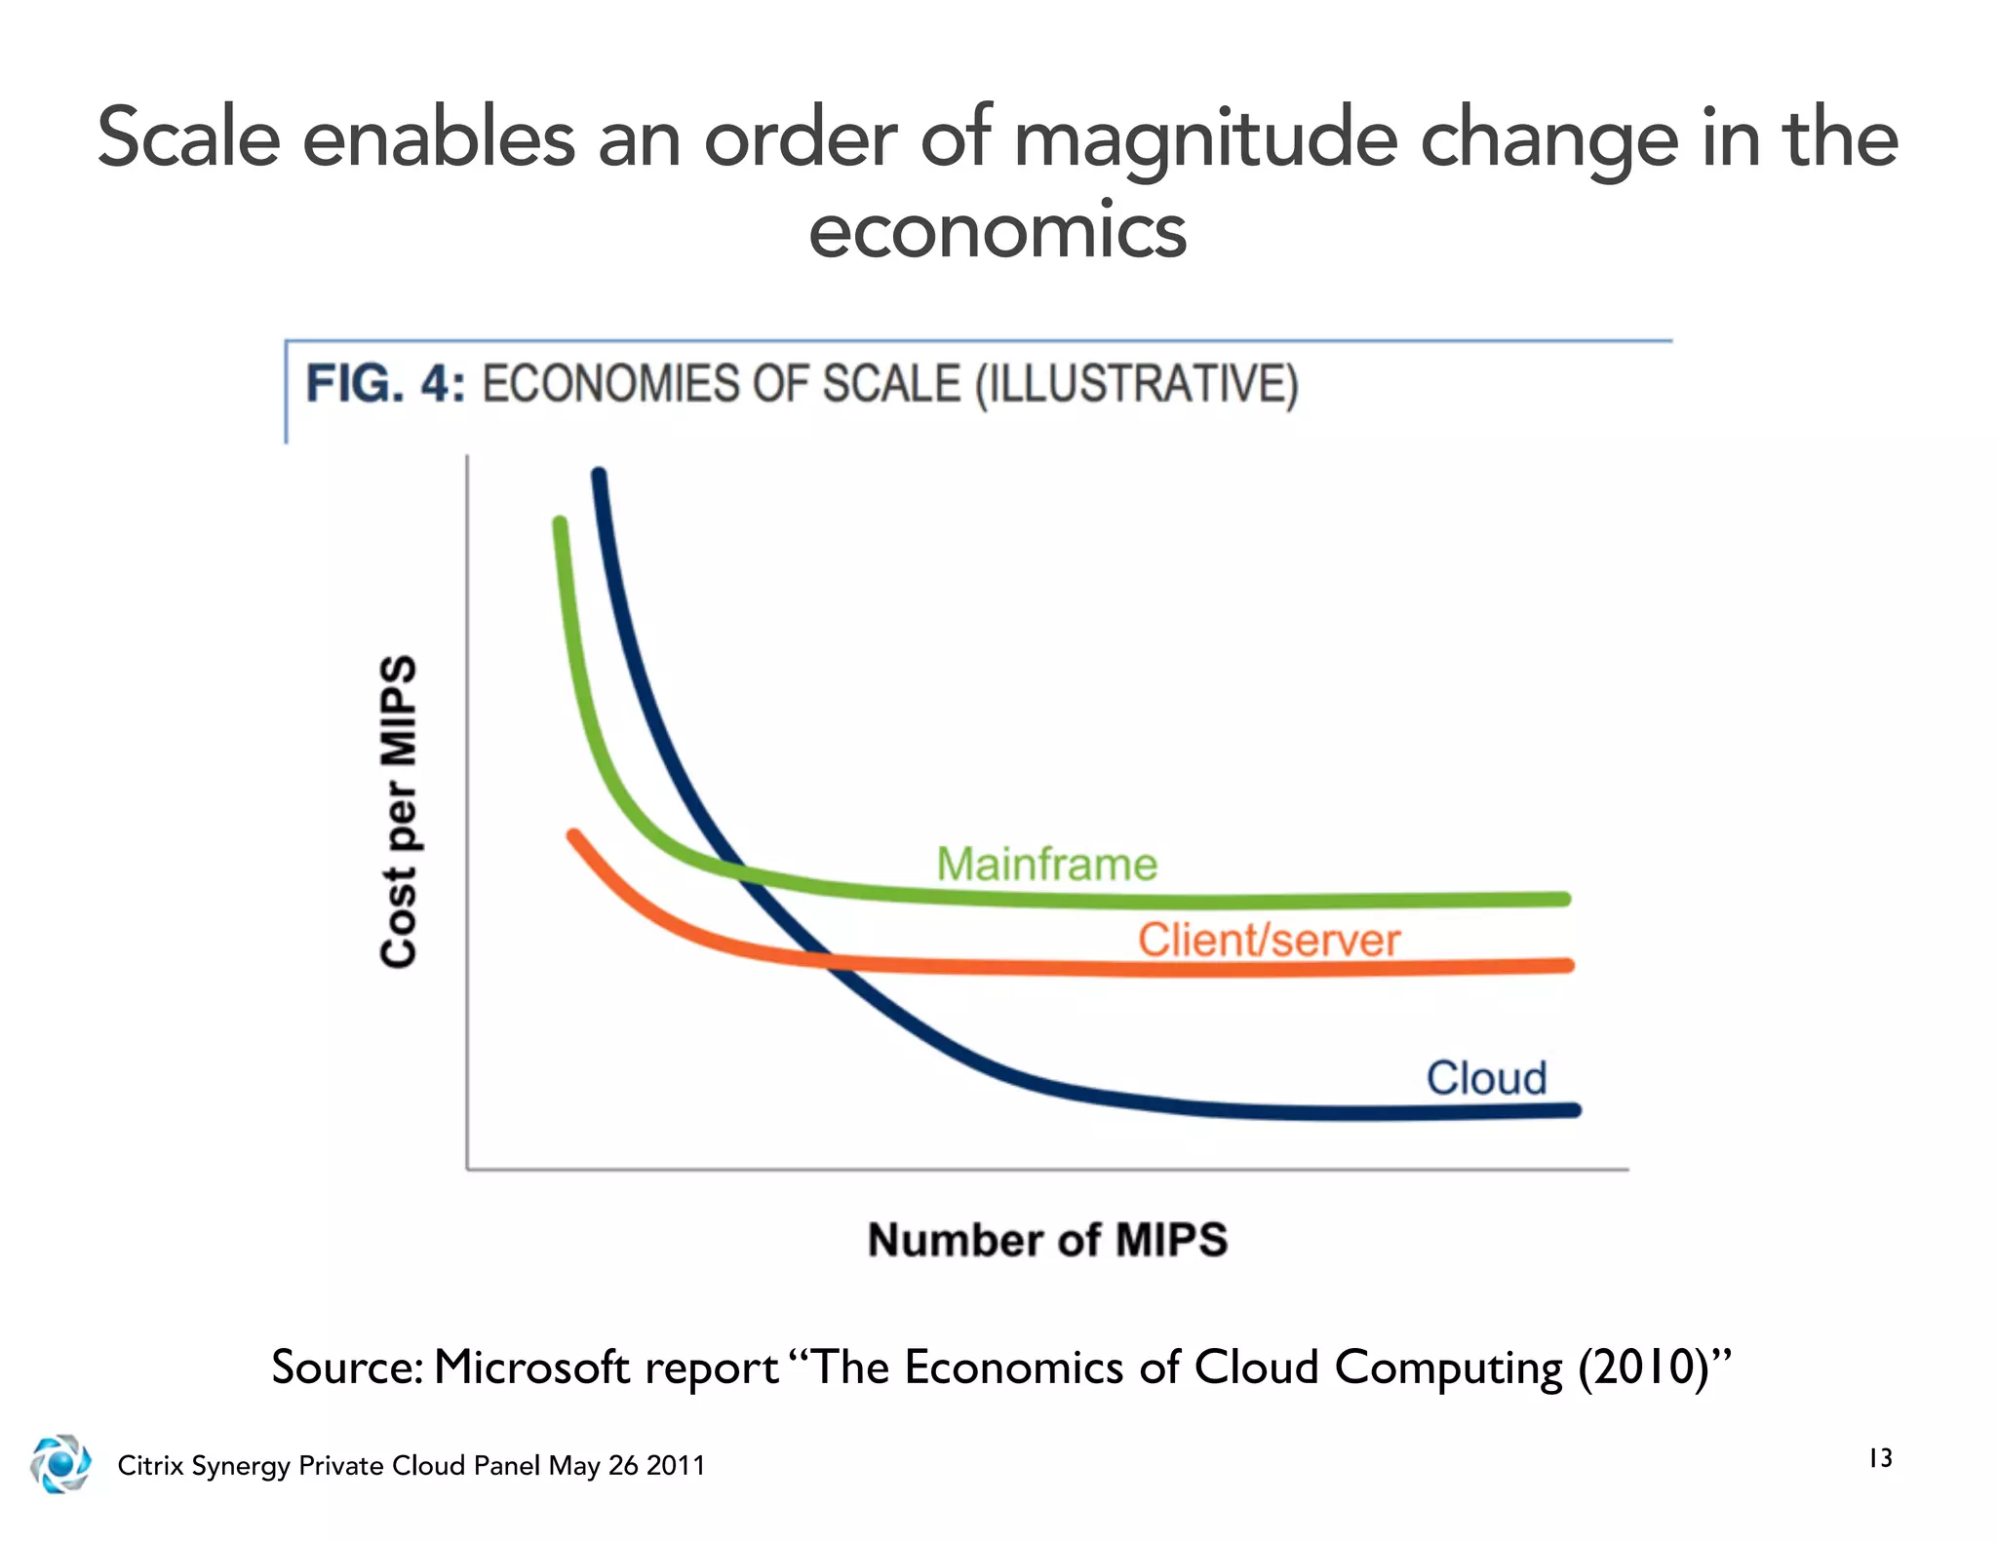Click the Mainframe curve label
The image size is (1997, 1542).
(1046, 864)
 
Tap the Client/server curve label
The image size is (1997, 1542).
(1269, 940)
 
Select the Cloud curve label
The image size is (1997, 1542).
(1486, 1078)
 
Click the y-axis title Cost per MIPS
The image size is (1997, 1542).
(399, 811)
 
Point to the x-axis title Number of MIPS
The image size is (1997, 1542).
(1047, 1240)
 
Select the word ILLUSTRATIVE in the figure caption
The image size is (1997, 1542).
(1137, 383)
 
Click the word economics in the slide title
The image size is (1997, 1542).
(998, 232)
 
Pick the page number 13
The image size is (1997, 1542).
(1880, 1458)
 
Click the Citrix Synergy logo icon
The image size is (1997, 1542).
(60, 1463)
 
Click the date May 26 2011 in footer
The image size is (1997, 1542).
(627, 1465)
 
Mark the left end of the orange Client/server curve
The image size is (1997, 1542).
(574, 835)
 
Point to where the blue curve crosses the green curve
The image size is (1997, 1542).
(739, 870)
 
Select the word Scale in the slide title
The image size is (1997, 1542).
(189, 138)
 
